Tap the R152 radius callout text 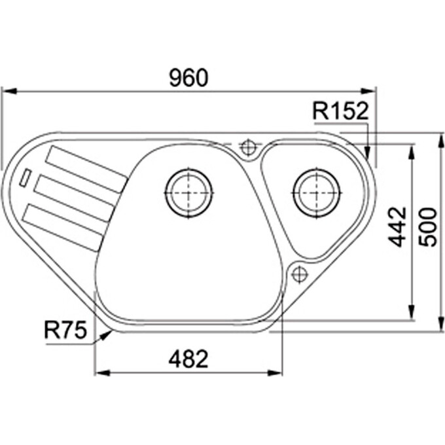click(340, 112)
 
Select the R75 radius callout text click(65, 331)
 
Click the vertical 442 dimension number click(397, 226)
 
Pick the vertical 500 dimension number click(427, 226)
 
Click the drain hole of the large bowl click(189, 193)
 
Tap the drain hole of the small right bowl click(317, 192)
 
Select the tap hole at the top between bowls click(249, 147)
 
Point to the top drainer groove click(84, 168)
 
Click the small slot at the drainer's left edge click(26, 176)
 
